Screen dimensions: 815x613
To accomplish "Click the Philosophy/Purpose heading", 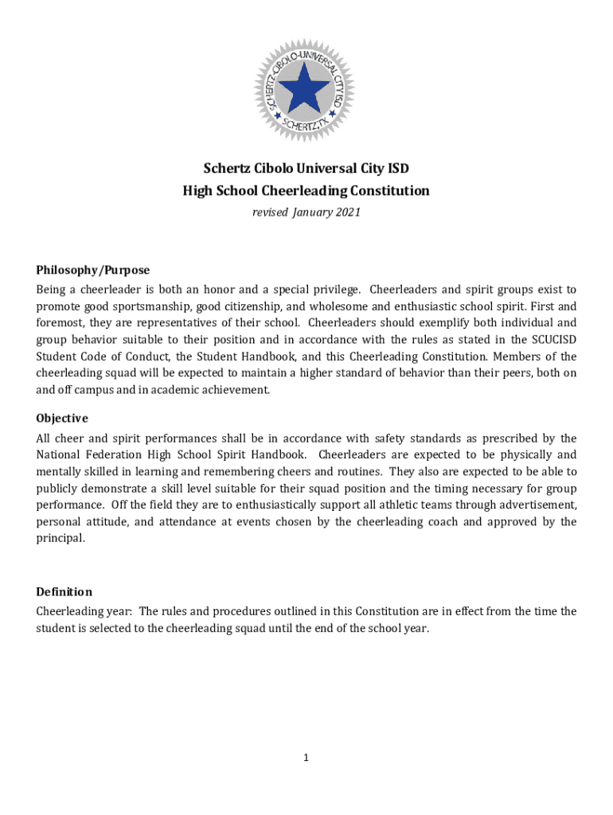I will click(92, 271).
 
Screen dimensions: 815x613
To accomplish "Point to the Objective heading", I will click(62, 419).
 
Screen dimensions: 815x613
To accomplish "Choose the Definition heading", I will click(64, 592).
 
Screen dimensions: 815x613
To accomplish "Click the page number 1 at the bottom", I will click(306, 758).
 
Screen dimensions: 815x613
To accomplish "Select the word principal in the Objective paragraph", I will click(60, 539).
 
